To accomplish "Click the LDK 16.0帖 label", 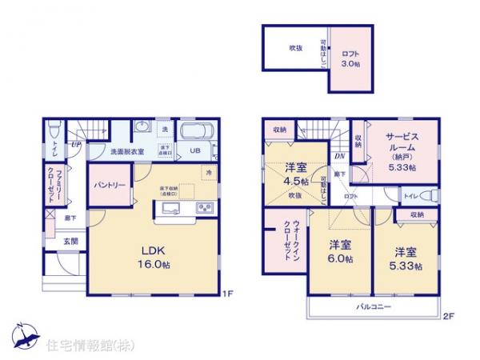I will click(153, 257).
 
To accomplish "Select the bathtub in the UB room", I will click(196, 133).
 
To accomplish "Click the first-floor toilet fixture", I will click(54, 130).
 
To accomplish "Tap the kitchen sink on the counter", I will click(172, 209).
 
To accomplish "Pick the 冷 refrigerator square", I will click(208, 174).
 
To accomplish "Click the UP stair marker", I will click(74, 145).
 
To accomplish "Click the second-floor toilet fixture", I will click(428, 194).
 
